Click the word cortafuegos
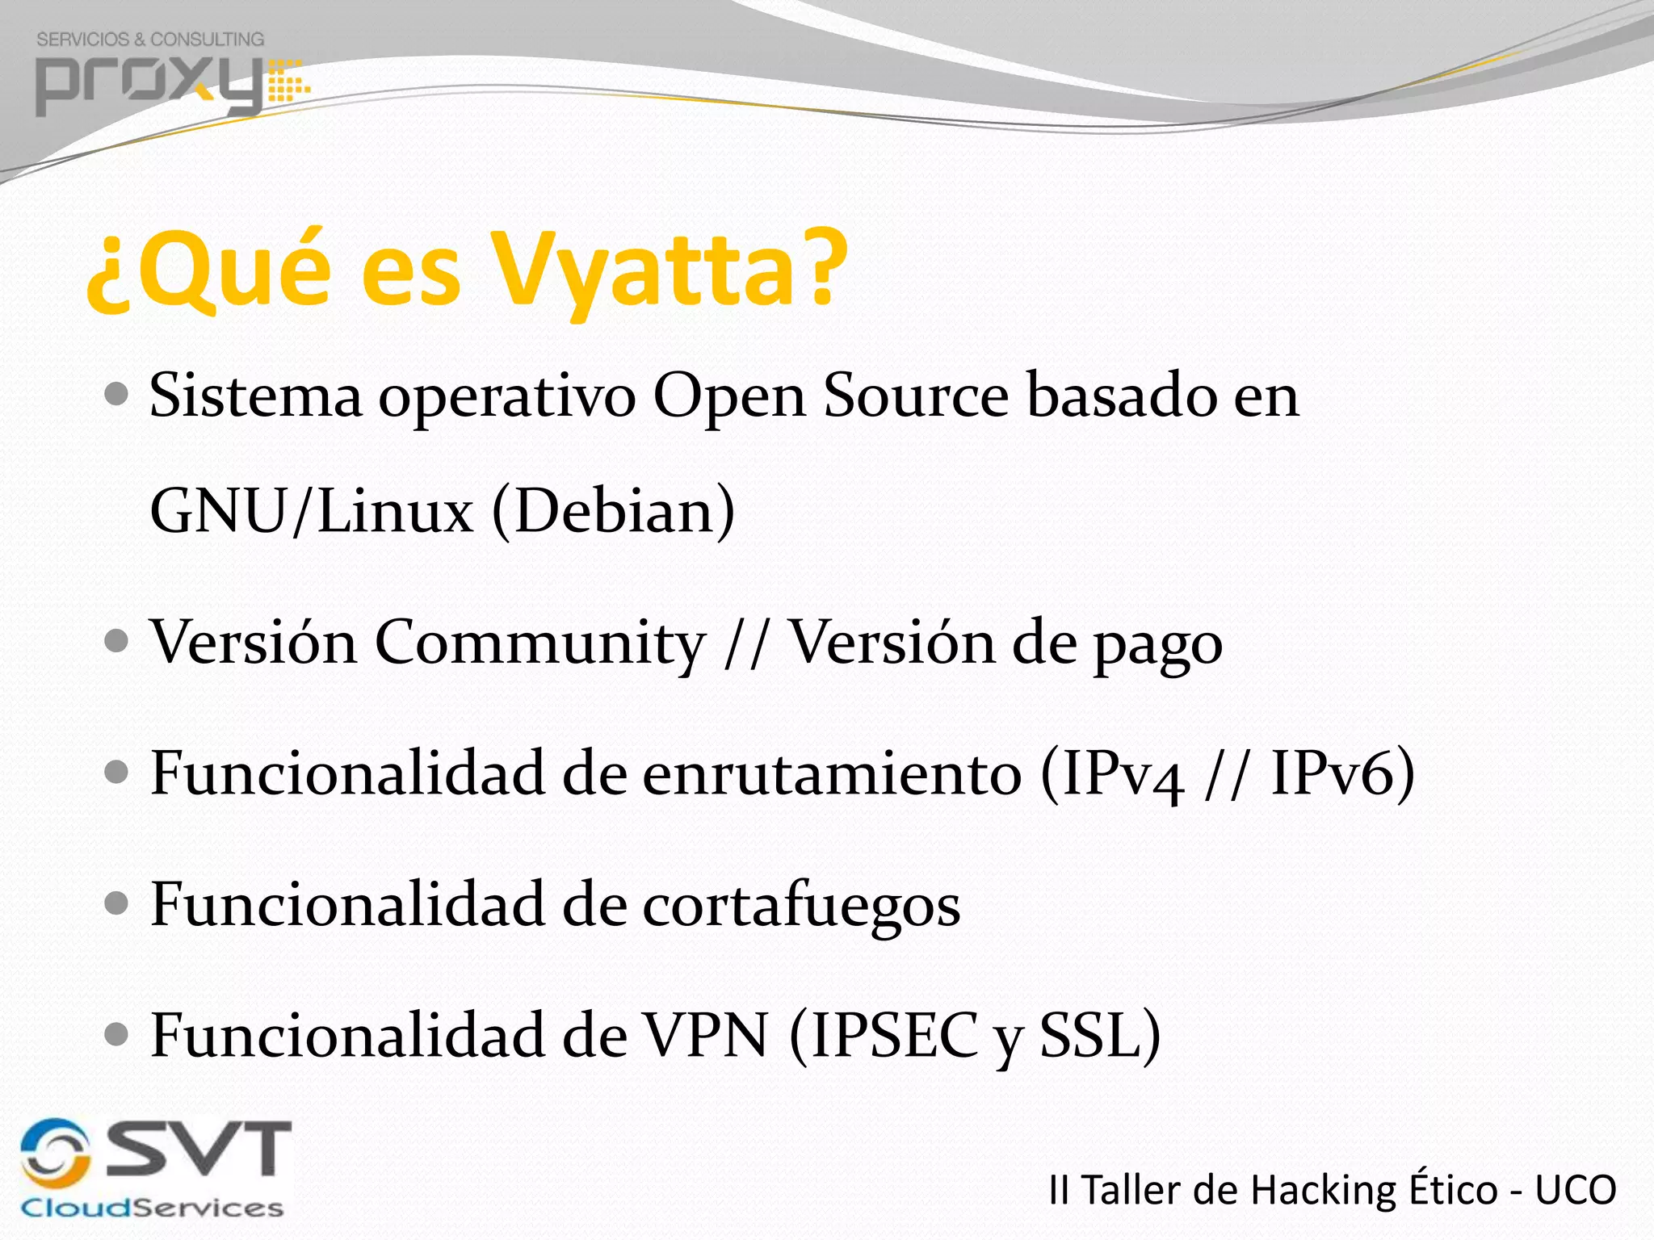tap(801, 905)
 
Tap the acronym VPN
tap(704, 1036)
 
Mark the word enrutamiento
tap(832, 774)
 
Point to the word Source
tap(916, 396)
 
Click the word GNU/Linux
tap(312, 511)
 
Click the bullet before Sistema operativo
tap(117, 395)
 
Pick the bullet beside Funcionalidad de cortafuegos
tap(117, 903)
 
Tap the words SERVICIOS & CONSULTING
tap(150, 39)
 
